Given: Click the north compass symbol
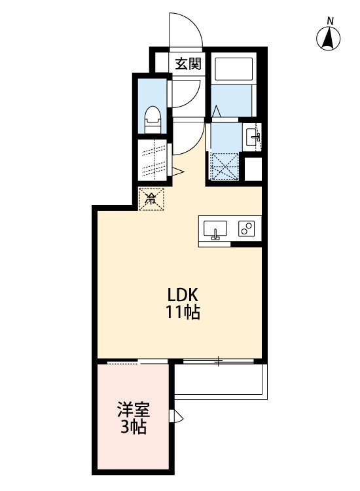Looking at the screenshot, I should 330,39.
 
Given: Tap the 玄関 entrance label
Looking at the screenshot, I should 189,64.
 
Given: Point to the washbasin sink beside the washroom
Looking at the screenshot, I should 252,137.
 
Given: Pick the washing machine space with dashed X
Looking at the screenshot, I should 223,166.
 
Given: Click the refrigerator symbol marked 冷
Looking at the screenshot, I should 151,198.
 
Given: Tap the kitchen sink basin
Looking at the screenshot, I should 215,230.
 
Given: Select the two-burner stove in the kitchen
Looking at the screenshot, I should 247,229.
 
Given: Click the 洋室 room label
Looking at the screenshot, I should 134,410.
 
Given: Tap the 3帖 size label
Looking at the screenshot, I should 134,428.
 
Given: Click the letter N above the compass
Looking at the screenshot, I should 331,20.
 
